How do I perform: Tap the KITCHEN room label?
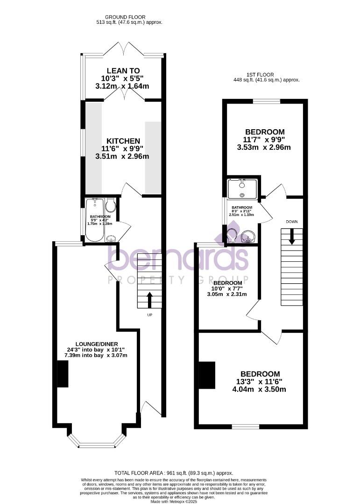point(123,141)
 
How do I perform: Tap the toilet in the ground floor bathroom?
point(111,206)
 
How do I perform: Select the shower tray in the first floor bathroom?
point(242,189)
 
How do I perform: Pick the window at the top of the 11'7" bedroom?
point(267,101)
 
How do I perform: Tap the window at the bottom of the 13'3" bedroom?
point(246,426)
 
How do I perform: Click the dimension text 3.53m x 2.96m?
point(264,147)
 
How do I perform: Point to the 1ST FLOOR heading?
point(260,74)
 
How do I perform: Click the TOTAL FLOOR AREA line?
point(180,473)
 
